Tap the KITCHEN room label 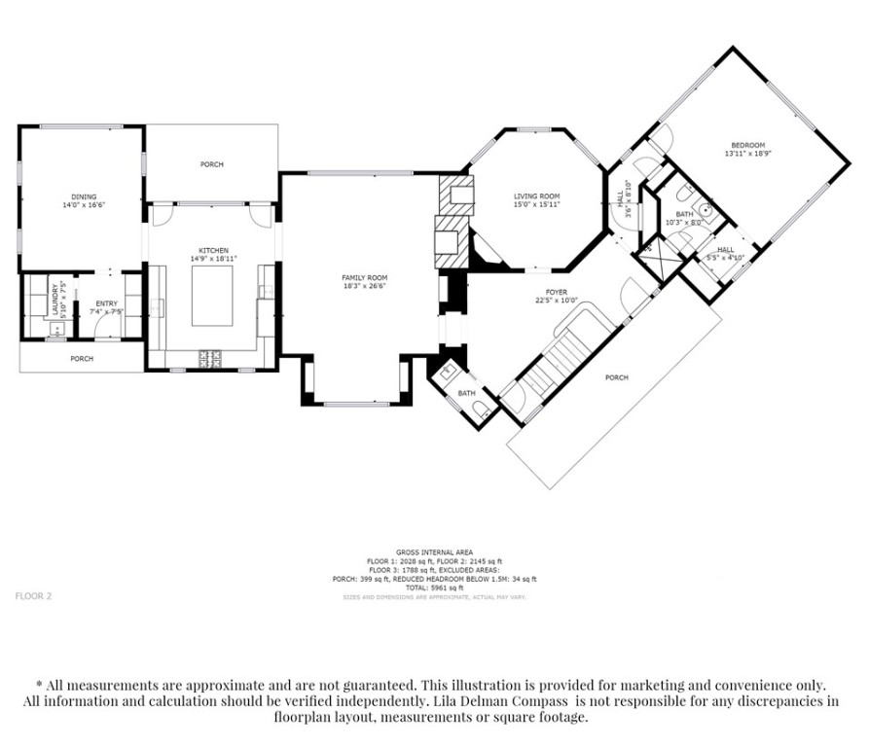(213, 250)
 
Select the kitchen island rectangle (212, 297)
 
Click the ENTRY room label (106, 303)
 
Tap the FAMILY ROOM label (364, 278)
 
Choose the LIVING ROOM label (536, 196)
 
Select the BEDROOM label (747, 145)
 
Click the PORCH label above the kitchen (211, 164)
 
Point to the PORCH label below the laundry (82, 359)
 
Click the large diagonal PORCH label (616, 377)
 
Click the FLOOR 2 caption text (33, 595)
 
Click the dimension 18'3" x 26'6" (364, 286)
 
